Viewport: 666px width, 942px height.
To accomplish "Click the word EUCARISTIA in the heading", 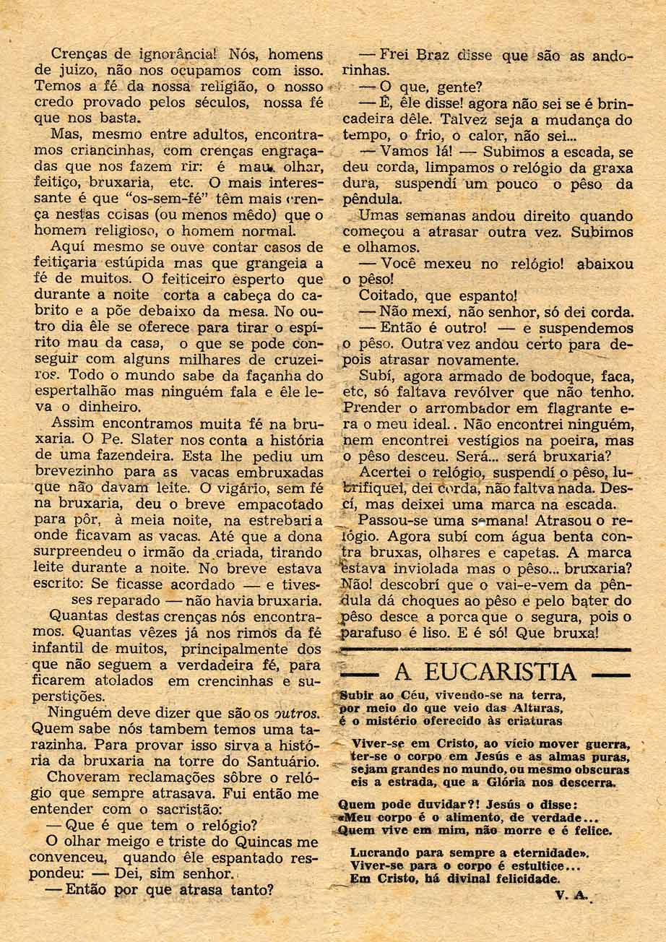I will coord(497,672).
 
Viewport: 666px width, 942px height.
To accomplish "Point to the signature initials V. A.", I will coord(573,894).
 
